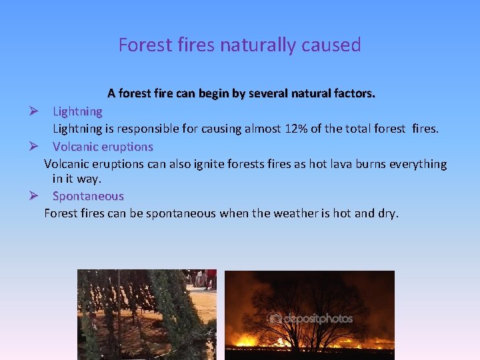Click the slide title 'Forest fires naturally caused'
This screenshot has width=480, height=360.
point(239,45)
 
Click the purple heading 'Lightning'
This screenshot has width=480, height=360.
point(77,111)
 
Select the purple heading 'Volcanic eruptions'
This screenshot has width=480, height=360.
point(103,146)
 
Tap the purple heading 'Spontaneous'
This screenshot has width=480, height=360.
point(88,196)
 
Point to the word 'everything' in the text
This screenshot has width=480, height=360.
point(419,164)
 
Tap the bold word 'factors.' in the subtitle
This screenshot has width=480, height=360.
point(354,94)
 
